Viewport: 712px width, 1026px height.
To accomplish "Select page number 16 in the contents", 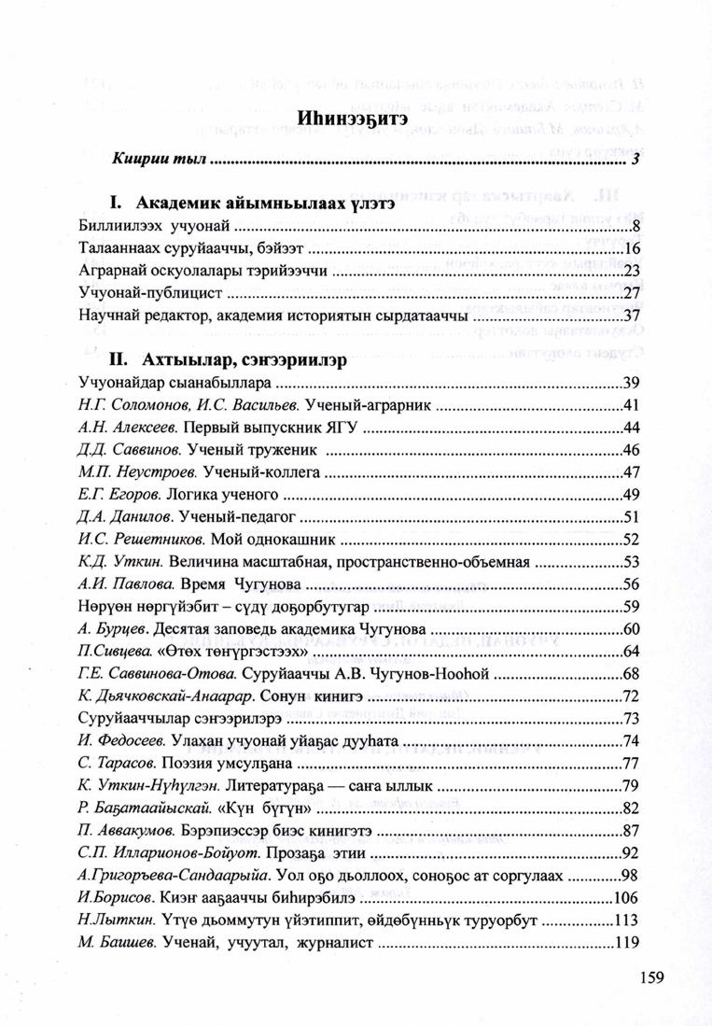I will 630,249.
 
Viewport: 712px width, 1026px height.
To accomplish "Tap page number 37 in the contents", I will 630,316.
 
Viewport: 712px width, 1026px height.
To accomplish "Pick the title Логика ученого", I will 230,495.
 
